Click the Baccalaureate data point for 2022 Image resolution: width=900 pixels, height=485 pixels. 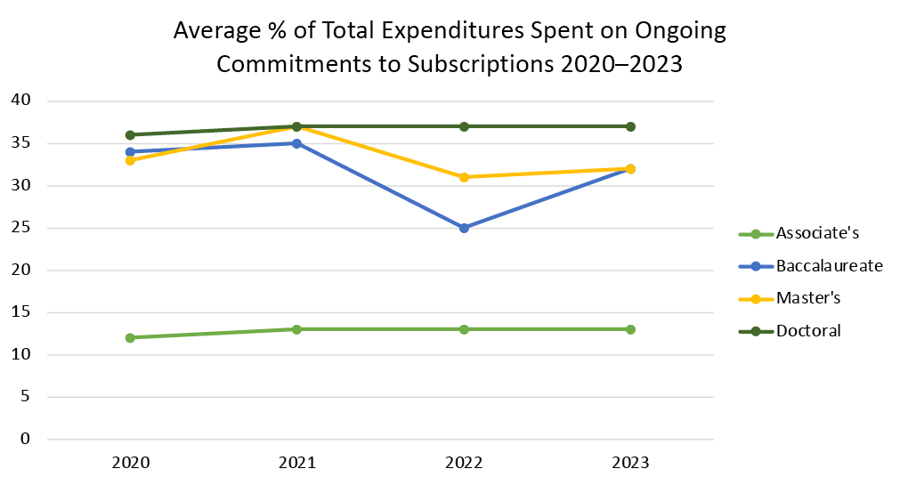(464, 228)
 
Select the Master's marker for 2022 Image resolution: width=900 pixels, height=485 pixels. (464, 177)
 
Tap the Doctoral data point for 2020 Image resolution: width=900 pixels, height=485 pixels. (130, 135)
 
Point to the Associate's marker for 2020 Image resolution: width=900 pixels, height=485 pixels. (130, 338)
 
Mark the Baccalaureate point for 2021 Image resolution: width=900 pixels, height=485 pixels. (296, 143)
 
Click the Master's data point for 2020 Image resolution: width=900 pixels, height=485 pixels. (130, 160)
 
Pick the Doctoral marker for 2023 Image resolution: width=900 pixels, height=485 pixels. (630, 126)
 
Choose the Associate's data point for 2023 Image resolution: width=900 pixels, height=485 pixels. (630, 329)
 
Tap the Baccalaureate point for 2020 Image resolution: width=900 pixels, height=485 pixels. (130, 152)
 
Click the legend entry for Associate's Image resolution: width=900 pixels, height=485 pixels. (807, 234)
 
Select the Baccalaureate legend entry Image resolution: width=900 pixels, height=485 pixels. (816, 266)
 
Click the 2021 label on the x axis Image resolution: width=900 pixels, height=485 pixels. (296, 464)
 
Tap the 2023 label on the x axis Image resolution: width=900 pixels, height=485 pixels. (630, 464)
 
